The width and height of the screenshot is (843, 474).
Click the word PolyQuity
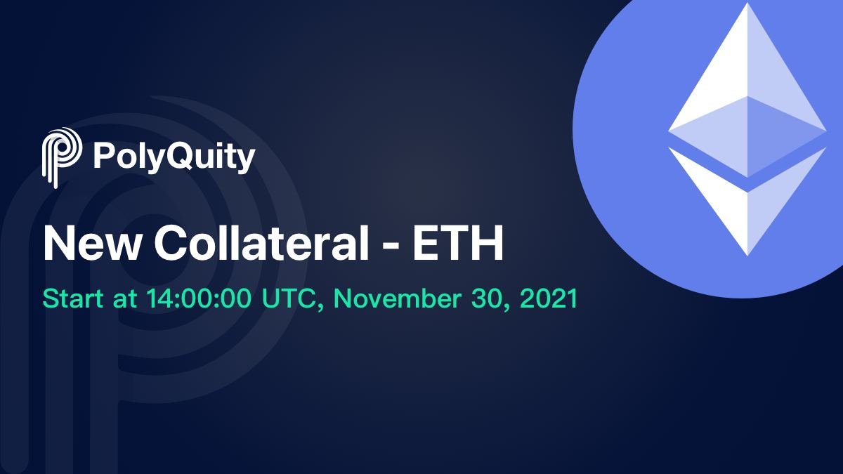tap(174, 157)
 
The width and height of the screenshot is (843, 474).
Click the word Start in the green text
tap(69, 298)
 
